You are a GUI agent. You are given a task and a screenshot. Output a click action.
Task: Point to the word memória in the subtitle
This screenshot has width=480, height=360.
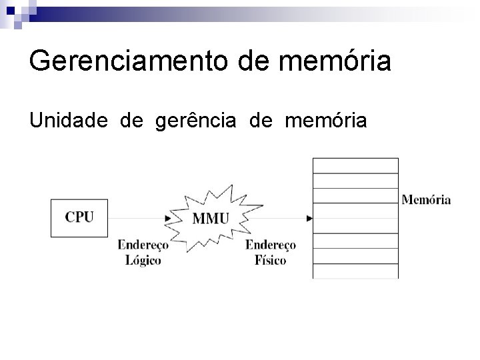tap(325, 121)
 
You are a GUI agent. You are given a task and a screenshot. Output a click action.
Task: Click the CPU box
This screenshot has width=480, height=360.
tap(79, 217)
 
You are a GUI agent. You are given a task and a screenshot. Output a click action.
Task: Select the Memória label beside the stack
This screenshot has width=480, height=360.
tap(426, 199)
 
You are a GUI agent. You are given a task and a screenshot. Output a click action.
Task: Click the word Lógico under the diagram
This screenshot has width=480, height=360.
tap(143, 260)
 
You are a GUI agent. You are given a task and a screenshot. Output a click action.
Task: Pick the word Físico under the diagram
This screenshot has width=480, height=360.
tap(270, 260)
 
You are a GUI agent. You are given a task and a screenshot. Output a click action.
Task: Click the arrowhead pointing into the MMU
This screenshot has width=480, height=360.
tap(168, 218)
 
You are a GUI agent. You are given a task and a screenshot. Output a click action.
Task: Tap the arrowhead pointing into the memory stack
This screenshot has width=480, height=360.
tap(309, 218)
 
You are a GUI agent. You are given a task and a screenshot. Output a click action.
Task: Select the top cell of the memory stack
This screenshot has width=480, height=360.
tap(355, 165)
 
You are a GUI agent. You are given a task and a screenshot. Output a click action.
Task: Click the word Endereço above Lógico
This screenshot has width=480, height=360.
tap(143, 245)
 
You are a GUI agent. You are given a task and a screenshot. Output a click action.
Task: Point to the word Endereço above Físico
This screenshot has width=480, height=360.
tap(270, 245)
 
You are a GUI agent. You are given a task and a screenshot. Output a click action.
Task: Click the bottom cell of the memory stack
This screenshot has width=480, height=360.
tap(355, 271)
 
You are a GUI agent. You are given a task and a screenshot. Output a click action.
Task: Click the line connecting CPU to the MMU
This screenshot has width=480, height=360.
tap(137, 218)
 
